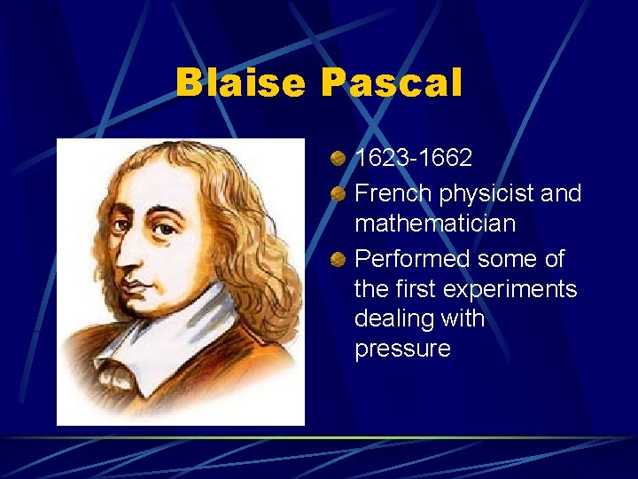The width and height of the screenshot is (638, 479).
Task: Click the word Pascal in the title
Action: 392,83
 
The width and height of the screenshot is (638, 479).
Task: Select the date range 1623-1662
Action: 413,158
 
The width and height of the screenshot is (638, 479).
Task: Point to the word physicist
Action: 492,193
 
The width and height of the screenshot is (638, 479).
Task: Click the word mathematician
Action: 434,224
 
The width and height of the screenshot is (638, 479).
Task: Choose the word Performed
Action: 412,259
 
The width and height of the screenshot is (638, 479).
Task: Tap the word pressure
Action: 402,349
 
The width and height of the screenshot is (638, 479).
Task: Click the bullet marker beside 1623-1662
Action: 338,160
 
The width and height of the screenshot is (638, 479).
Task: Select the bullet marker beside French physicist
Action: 338,194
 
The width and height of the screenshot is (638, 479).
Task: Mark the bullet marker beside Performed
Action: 338,260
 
